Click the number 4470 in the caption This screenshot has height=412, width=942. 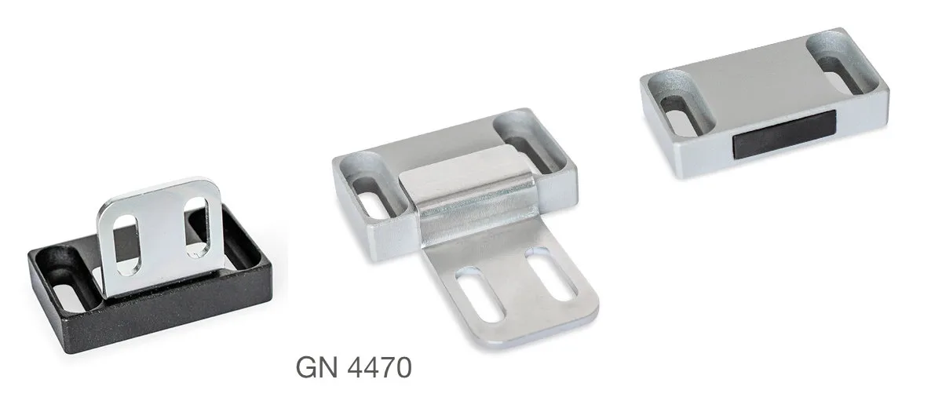point(380,367)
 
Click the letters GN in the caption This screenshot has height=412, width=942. point(317,367)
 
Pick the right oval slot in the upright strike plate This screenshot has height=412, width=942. point(197,226)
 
